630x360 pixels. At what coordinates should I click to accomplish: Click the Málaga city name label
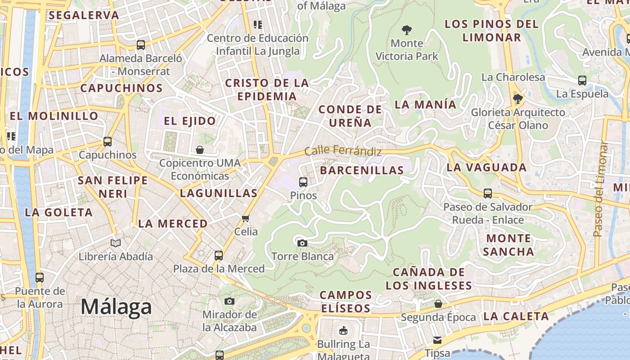116,307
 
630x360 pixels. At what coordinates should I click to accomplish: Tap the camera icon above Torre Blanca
302,243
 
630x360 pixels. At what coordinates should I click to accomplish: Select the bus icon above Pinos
303,182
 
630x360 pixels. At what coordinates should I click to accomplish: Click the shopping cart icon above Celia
245,219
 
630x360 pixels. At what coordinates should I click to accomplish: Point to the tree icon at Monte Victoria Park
406,30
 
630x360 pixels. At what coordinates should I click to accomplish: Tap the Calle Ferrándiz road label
343,151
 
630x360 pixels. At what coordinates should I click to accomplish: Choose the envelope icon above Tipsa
437,340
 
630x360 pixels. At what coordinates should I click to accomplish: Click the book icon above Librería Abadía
116,243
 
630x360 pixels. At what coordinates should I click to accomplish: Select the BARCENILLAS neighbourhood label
362,170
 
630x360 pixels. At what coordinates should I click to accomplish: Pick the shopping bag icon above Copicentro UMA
200,149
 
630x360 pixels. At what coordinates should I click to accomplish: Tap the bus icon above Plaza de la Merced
219,256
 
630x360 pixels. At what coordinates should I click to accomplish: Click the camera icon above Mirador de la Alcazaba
229,301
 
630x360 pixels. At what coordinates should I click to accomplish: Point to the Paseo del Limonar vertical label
599,189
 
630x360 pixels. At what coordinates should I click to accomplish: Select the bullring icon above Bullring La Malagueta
343,331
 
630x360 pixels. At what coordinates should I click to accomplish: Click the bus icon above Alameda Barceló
141,45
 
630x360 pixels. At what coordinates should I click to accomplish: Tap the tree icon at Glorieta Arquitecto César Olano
517,99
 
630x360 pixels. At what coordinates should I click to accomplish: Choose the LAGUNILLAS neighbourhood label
219,193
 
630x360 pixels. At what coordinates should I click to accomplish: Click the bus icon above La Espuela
582,81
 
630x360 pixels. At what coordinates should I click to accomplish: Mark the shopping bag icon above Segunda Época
438,304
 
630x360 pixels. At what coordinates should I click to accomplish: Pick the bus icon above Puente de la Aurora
40,277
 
